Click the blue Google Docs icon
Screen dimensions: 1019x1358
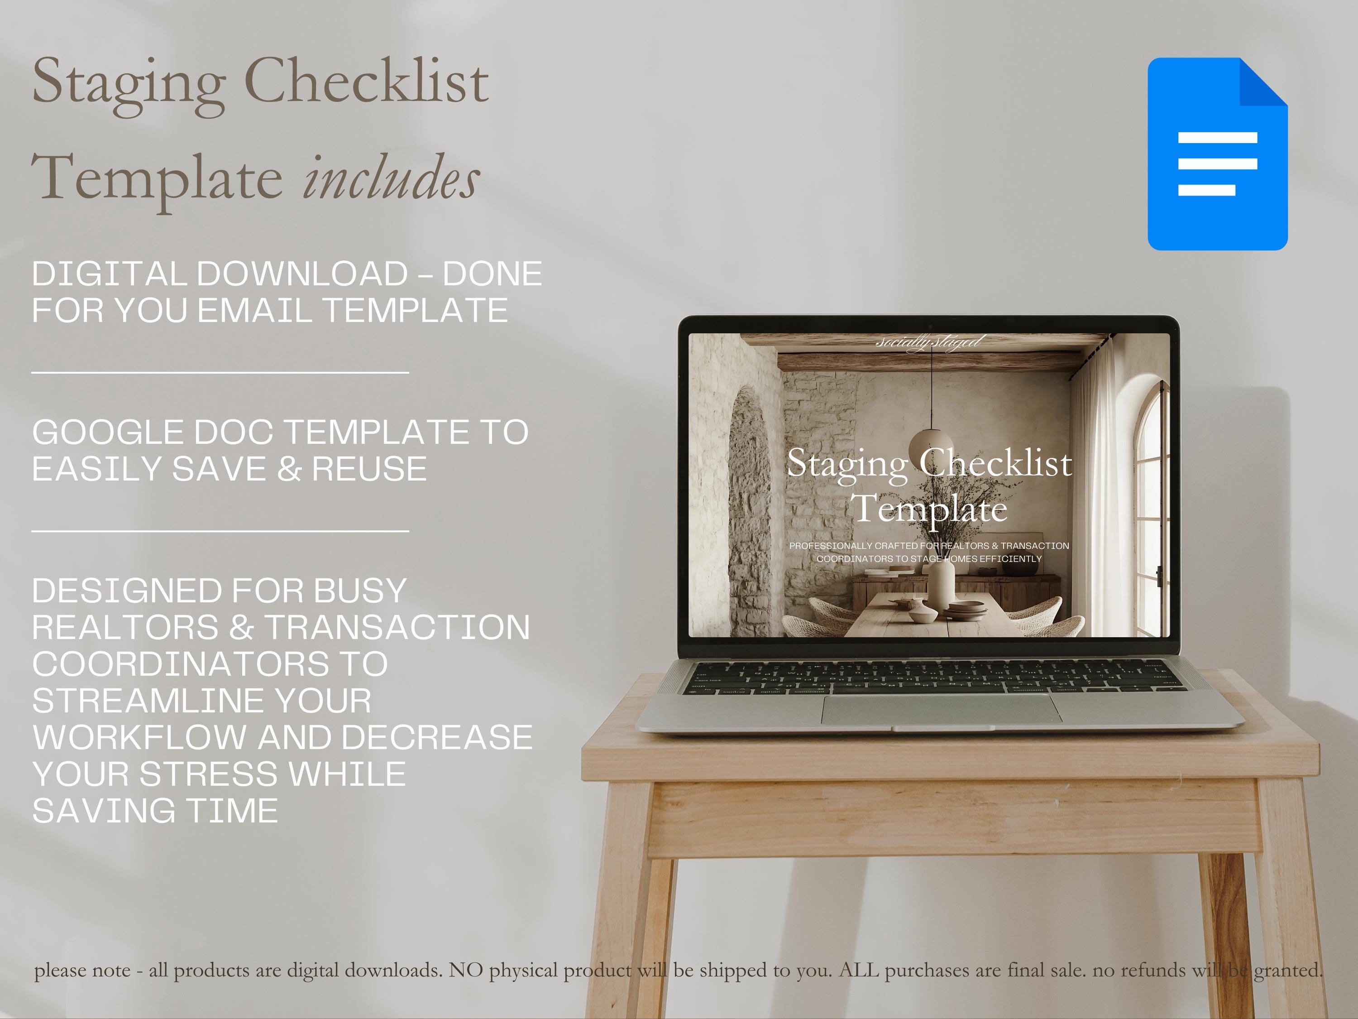(x=1217, y=154)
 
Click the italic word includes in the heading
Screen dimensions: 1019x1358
(x=391, y=178)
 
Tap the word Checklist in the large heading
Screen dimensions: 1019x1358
(x=367, y=83)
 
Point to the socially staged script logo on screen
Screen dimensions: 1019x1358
(x=929, y=341)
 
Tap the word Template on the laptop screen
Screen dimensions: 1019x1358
(x=929, y=509)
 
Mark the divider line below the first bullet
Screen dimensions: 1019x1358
(x=220, y=372)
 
